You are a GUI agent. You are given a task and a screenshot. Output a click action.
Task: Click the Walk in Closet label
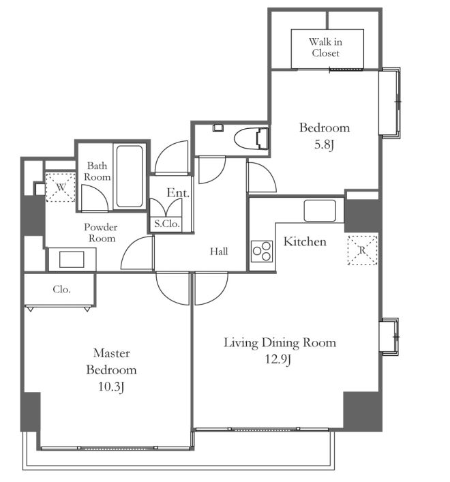click(325, 47)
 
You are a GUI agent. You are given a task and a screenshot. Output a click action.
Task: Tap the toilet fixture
click(251, 138)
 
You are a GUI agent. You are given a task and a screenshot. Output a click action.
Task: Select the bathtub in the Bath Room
click(130, 176)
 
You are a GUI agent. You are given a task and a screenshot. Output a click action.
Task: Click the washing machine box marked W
click(61, 187)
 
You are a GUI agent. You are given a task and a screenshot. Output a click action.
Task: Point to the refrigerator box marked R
click(363, 250)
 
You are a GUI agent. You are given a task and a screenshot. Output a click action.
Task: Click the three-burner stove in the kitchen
click(262, 251)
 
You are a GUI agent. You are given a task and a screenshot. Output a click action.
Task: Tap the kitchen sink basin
click(320, 211)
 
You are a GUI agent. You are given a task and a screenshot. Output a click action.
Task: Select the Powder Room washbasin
click(72, 260)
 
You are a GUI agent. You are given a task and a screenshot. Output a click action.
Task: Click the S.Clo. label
click(167, 224)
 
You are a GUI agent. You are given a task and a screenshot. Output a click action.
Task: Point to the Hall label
click(219, 252)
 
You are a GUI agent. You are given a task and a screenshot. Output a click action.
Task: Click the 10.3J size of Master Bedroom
click(111, 387)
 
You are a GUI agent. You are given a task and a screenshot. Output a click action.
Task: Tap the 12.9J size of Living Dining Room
click(278, 359)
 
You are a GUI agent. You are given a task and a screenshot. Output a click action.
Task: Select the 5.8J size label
click(325, 145)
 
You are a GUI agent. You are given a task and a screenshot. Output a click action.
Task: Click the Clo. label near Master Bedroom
click(61, 289)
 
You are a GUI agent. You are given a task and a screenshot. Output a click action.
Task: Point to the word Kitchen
click(305, 241)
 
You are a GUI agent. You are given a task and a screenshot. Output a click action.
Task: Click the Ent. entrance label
click(178, 193)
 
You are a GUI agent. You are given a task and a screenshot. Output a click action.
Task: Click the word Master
click(111, 353)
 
